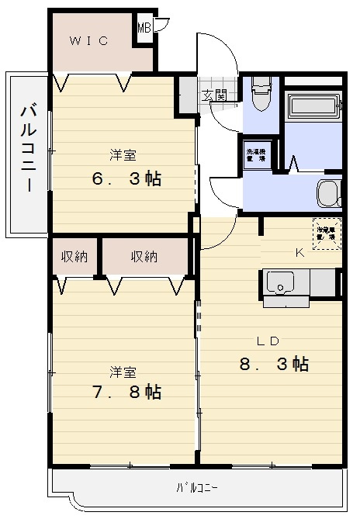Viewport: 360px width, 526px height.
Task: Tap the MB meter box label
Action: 144,29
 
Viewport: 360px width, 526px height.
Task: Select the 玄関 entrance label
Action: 215,96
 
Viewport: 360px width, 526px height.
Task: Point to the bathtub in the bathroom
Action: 313,107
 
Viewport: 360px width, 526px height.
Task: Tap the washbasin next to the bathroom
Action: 329,192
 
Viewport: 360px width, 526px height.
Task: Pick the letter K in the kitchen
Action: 299,252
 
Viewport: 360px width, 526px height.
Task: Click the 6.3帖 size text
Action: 126,178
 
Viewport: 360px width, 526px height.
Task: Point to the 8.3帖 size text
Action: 275,363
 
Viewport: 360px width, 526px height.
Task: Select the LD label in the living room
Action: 268,341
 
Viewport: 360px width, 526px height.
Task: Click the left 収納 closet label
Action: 75,256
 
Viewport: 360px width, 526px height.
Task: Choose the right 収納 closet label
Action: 145,256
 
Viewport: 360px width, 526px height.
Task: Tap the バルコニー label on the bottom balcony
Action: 196,488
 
